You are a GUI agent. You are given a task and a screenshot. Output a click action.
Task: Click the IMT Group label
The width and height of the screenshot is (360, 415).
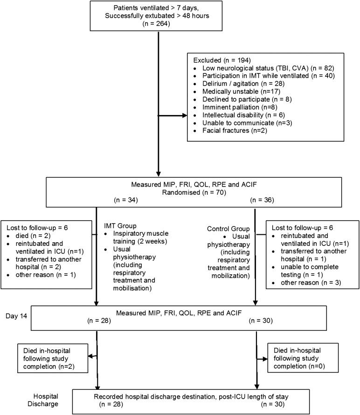pyautogui.click(x=120, y=225)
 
